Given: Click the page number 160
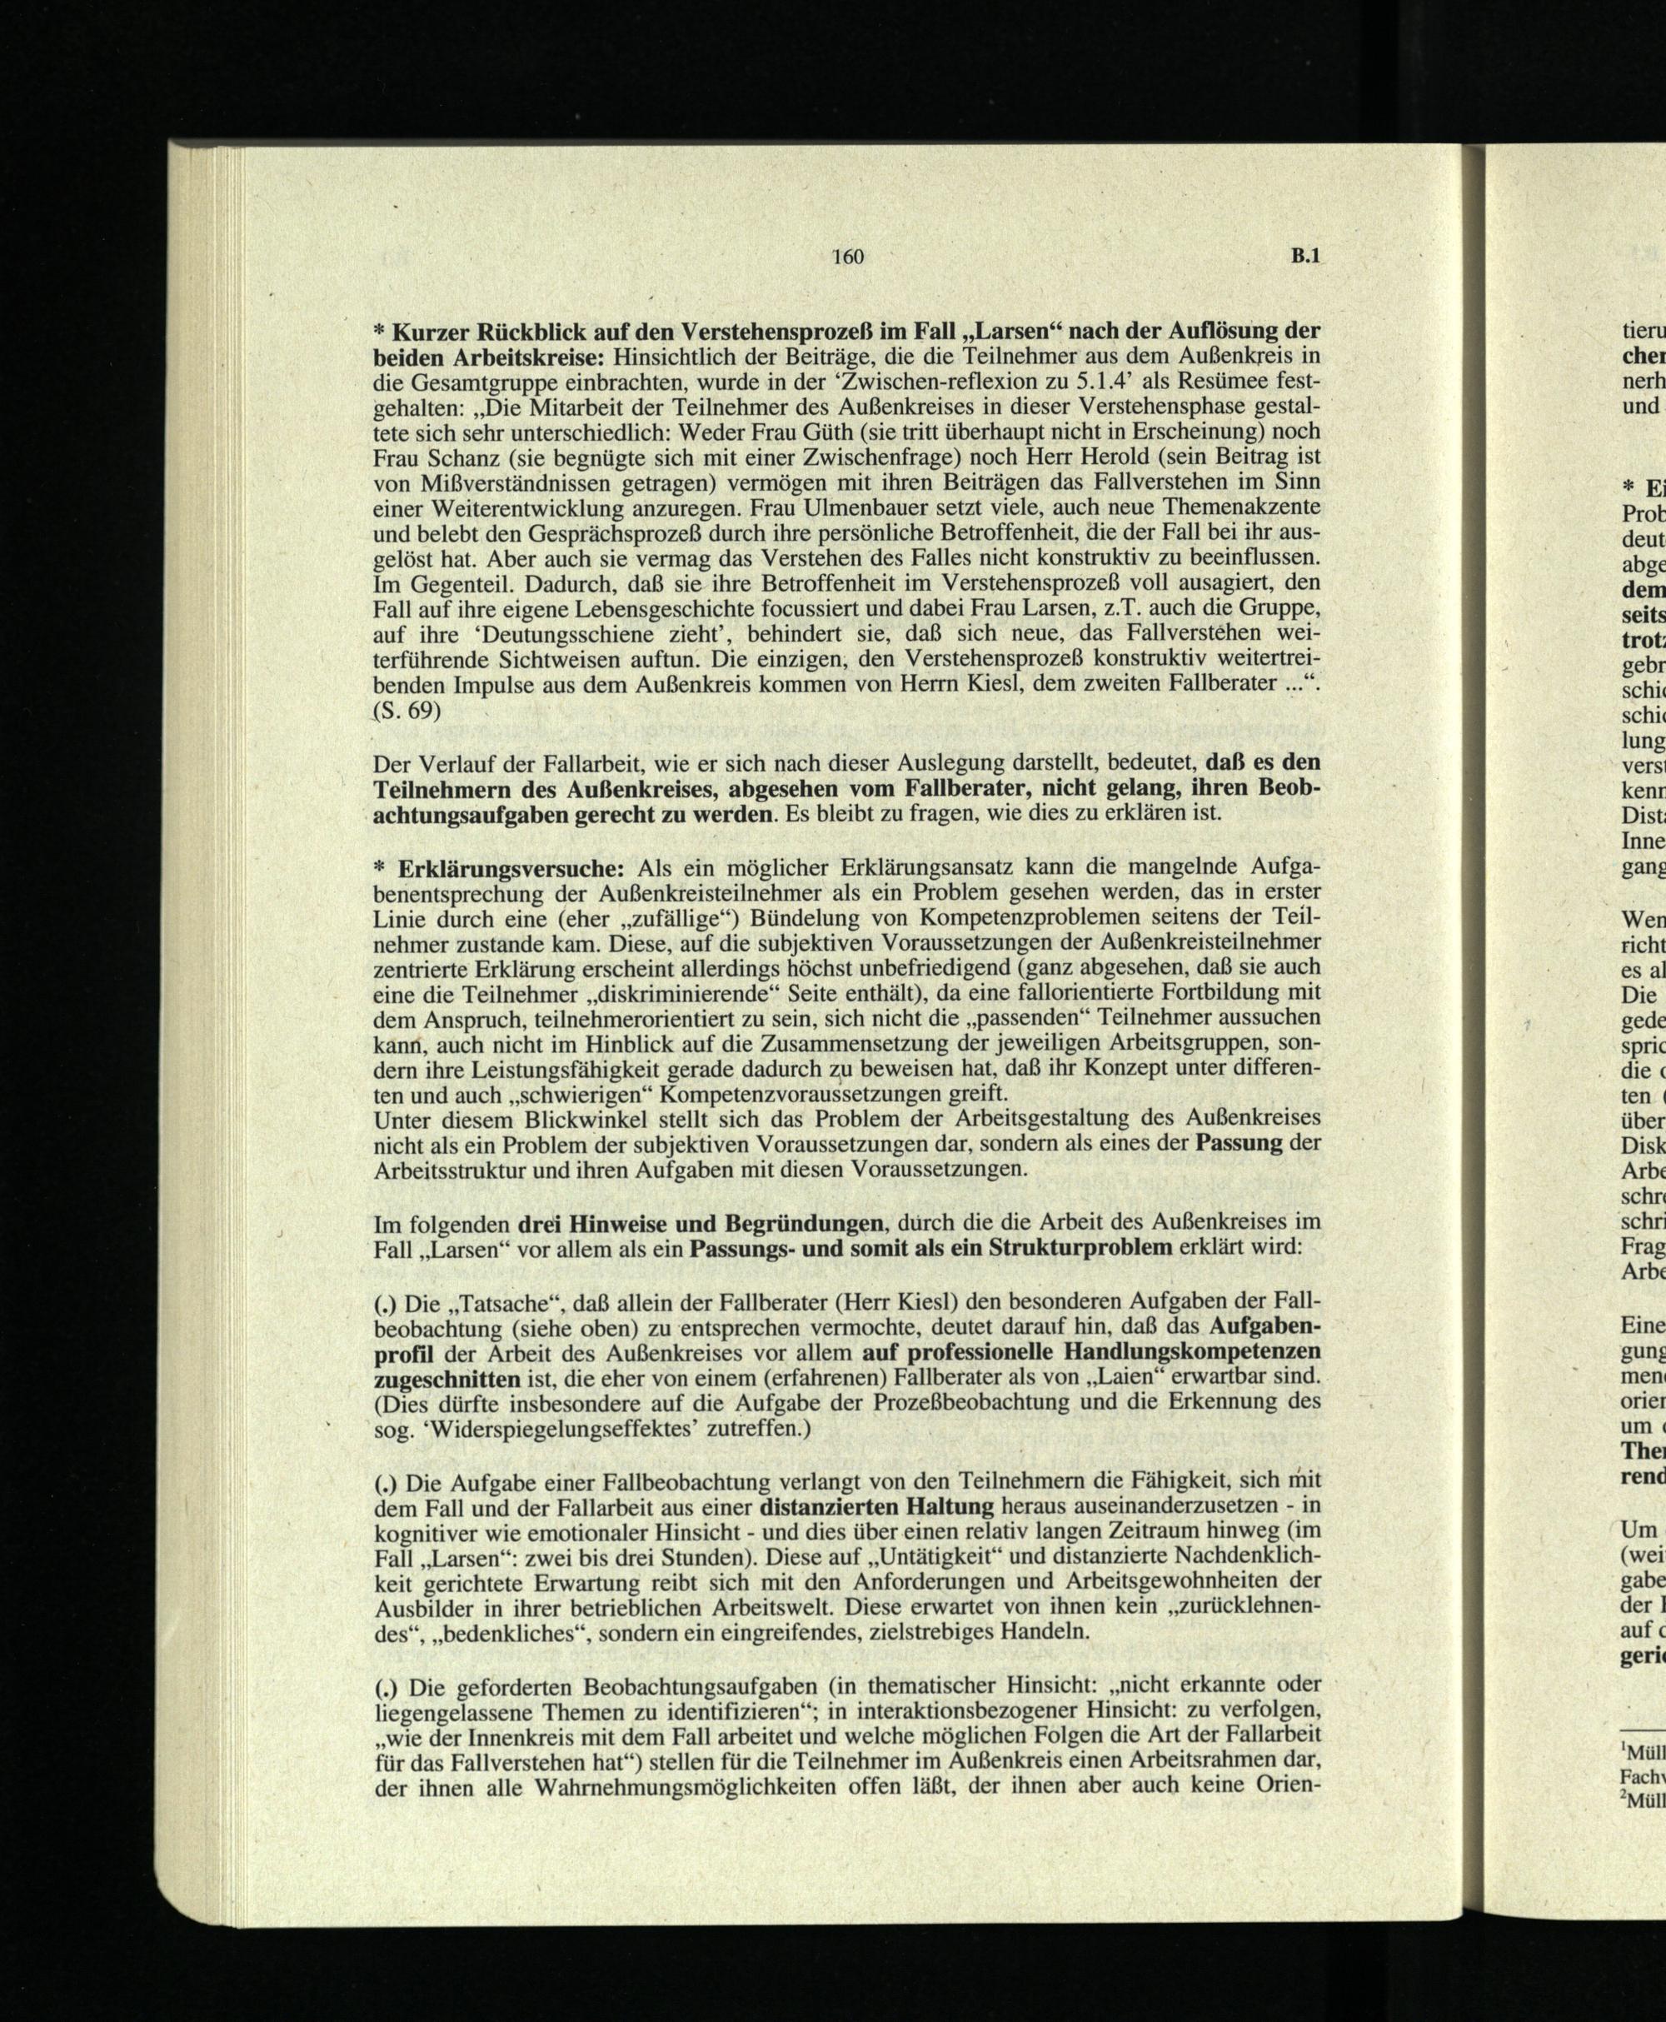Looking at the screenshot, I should (848, 257).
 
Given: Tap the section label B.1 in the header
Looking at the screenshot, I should (1305, 257).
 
